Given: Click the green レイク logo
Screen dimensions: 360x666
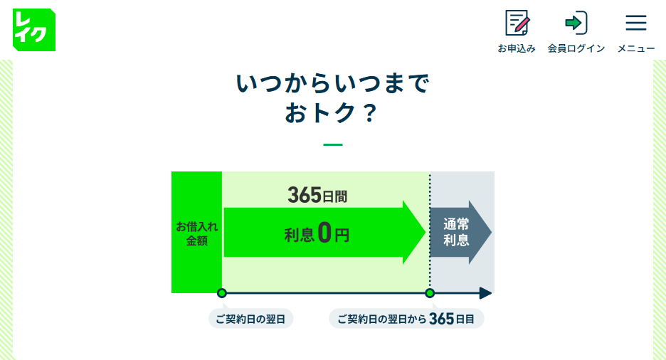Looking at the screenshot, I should [33, 29].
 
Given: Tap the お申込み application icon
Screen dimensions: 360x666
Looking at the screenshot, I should [517, 23].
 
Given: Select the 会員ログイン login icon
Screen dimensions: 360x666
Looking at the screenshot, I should [576, 23].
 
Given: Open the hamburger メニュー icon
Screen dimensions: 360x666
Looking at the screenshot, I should [635, 23].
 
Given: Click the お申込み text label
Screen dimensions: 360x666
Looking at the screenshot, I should [517, 48].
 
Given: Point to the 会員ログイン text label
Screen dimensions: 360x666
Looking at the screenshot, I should [576, 48].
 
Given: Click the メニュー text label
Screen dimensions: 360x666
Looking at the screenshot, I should [636, 48].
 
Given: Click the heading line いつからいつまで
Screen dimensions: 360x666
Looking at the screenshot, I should [333, 84].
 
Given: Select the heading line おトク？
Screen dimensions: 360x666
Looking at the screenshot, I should [333, 114].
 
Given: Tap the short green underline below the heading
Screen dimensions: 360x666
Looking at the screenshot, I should [333, 144].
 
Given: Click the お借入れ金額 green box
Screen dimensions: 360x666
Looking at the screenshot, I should [196, 233].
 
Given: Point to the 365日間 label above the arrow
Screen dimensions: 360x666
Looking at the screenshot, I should [317, 195].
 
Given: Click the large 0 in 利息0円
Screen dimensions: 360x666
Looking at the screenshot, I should [324, 233].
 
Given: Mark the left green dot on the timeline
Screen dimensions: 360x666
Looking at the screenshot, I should [222, 293].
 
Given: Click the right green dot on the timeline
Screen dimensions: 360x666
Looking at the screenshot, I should [430, 293].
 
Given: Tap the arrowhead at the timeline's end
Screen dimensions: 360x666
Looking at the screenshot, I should [486, 293].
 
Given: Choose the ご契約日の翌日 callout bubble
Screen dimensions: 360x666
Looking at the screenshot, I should [250, 319].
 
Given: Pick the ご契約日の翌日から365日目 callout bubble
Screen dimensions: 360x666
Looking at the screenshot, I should [406, 319].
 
